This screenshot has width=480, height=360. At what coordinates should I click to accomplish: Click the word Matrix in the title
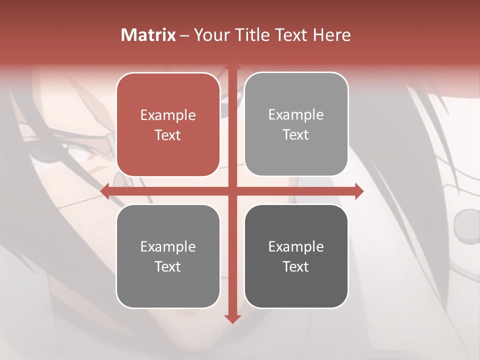(x=148, y=35)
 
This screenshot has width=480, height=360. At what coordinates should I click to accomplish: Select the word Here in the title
(x=331, y=35)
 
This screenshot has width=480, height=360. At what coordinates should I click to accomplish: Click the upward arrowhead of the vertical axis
(x=232, y=65)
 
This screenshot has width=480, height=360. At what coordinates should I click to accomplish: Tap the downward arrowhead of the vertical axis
(x=232, y=318)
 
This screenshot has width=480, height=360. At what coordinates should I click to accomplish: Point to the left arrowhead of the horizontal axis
(x=105, y=191)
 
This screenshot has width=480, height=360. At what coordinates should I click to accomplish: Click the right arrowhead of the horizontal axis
(x=359, y=191)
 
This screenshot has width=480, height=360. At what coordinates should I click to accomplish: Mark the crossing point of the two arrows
(x=232, y=191)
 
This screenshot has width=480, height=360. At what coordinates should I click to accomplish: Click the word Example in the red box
(x=168, y=115)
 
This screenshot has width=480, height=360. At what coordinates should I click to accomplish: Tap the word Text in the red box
(x=168, y=135)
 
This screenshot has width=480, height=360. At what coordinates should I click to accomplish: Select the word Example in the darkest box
(x=296, y=246)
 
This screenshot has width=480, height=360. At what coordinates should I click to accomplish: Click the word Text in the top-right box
(x=296, y=135)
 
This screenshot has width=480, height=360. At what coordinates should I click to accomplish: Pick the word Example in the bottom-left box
(x=168, y=246)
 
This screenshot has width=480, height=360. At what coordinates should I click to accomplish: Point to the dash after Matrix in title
(x=184, y=35)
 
